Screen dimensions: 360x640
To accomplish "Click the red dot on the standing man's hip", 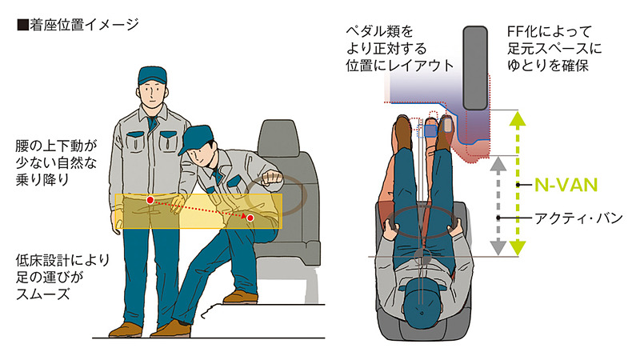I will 150,199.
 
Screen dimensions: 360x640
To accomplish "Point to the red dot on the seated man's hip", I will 250,218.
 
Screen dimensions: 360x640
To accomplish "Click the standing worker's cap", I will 152,76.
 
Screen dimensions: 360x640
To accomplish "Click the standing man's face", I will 152,97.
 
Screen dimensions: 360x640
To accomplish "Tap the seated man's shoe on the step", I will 238,297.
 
